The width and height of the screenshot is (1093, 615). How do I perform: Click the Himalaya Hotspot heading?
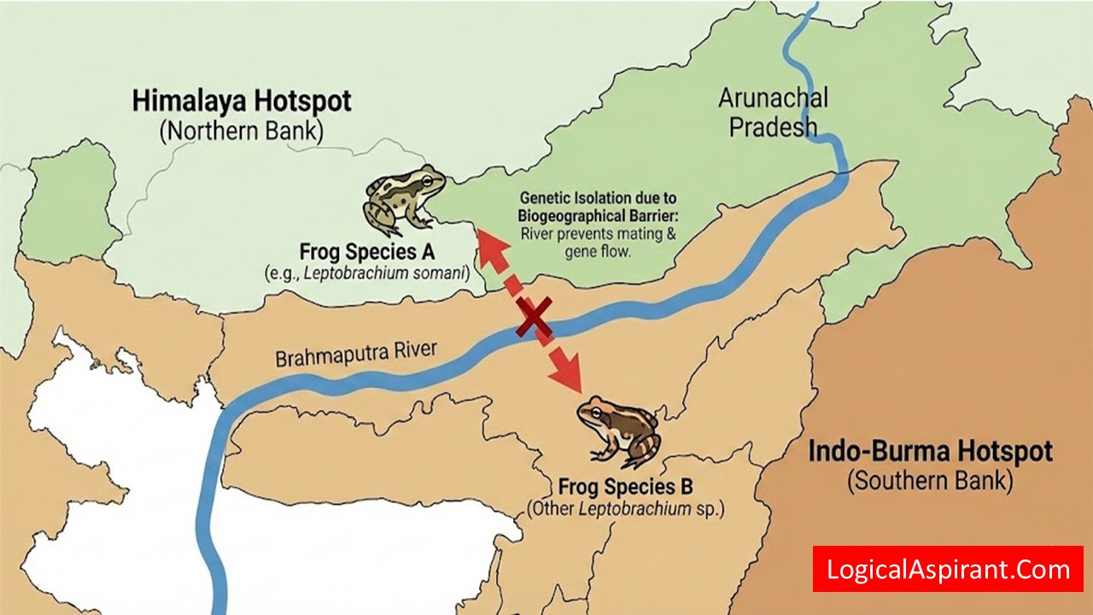tap(242, 101)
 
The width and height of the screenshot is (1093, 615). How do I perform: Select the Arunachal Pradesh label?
tap(773, 112)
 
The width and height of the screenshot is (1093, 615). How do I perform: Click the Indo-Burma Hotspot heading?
tap(931, 451)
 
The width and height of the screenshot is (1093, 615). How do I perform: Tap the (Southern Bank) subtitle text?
tap(930, 481)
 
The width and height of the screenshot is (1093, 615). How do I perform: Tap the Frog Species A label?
tap(367, 253)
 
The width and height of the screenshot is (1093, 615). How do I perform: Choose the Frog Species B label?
tap(625, 488)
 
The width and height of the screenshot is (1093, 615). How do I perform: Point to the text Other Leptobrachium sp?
tap(626, 510)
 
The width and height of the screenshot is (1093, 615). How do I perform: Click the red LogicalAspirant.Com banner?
tap(948, 569)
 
